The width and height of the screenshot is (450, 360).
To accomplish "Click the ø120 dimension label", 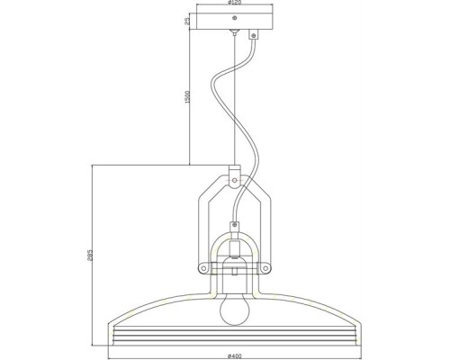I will pos(237,4).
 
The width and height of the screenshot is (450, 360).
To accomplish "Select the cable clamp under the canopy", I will pos(253,36).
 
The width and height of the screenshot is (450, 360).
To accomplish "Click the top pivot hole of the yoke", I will pos(233,179).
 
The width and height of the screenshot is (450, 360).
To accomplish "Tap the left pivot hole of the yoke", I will pos(203,267).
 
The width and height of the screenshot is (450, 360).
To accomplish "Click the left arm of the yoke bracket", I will pos(202,225).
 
